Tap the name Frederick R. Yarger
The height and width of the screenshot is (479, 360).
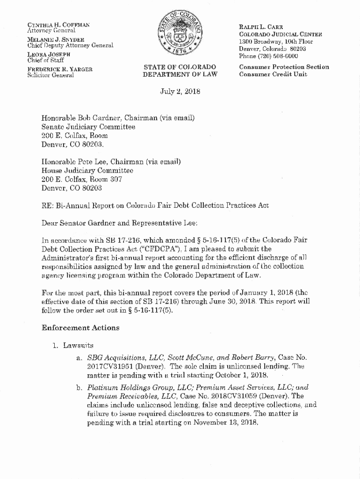pos(59,69)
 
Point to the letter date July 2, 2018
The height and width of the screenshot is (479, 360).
pos(180,92)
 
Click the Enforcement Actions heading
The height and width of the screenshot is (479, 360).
pos(80,327)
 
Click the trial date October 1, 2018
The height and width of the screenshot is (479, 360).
pos(241,375)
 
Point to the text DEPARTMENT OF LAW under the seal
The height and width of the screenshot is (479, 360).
pos(180,74)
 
